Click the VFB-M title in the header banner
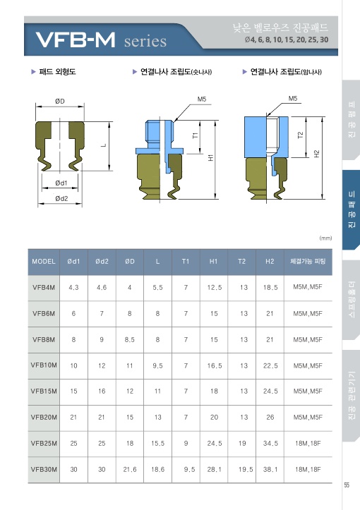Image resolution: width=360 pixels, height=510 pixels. point(76,40)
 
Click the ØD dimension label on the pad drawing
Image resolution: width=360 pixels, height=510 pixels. point(60,101)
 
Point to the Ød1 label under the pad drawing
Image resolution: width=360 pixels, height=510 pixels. point(61,183)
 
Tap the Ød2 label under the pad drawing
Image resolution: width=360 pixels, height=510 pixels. point(61,198)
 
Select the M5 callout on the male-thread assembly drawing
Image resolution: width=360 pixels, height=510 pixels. point(202,99)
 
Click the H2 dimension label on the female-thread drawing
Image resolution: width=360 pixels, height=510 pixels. point(317,154)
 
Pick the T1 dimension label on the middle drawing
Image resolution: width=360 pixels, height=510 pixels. point(195,135)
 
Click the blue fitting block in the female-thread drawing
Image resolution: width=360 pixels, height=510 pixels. point(266,137)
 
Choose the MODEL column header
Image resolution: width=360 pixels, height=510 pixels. point(44,262)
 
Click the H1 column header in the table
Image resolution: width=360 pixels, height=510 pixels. point(213,262)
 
